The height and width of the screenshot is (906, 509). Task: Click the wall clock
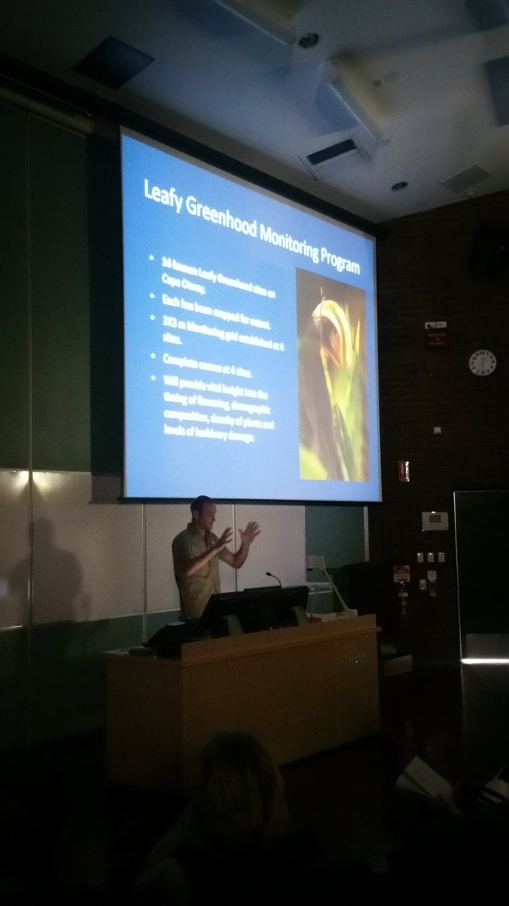click(x=482, y=362)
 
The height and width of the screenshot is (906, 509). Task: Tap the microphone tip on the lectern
click(x=268, y=575)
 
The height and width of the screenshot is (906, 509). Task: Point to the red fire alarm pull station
click(x=403, y=472)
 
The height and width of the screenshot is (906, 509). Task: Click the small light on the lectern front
click(x=354, y=662)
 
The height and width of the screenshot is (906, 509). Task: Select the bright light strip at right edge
click(x=484, y=661)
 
